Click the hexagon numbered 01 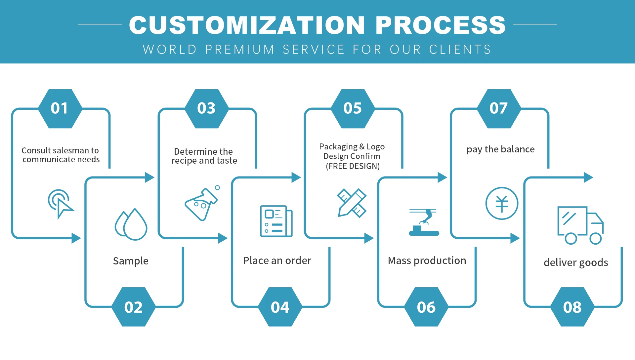click(x=60, y=108)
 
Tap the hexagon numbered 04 click(x=280, y=307)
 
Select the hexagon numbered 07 click(x=499, y=108)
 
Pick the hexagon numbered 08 click(x=572, y=307)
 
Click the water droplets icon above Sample click(x=131, y=224)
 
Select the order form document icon click(x=276, y=221)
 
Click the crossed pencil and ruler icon click(x=352, y=203)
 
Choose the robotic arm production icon click(x=424, y=222)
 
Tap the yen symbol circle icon click(x=502, y=203)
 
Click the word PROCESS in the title click(x=441, y=25)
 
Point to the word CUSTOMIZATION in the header click(x=247, y=25)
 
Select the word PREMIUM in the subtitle click(x=240, y=50)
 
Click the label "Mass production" click(x=427, y=260)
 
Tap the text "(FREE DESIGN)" click(x=353, y=166)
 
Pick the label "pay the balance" click(x=500, y=149)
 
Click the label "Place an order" click(x=277, y=260)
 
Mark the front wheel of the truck click(x=595, y=238)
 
